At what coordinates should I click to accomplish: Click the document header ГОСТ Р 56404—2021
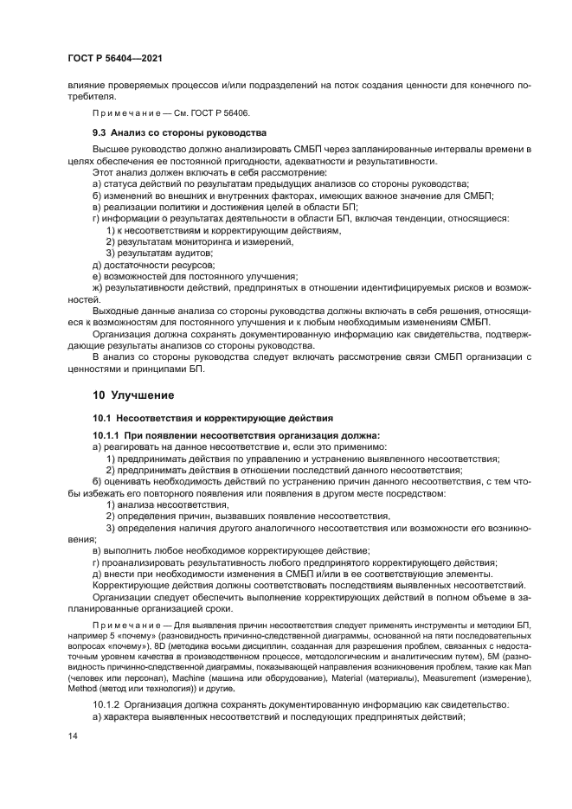114,57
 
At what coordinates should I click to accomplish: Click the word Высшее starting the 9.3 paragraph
112,151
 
